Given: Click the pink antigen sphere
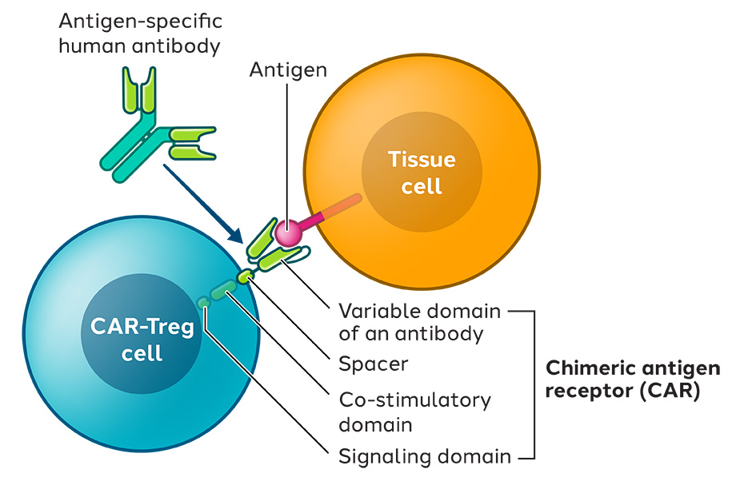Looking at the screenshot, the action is point(288,233).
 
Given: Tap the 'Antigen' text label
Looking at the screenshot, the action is point(288,70).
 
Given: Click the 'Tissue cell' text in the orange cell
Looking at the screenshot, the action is point(422,172).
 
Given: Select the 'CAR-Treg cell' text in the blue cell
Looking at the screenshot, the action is point(142,340).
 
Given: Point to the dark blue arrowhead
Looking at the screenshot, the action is point(235,234).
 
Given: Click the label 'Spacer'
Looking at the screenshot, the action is point(374,364).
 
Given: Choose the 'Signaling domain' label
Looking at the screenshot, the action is point(425,457).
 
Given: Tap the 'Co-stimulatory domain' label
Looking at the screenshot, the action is point(415,412).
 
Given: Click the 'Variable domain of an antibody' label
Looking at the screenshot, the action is point(419,322).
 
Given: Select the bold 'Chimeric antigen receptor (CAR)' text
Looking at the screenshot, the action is point(633,380).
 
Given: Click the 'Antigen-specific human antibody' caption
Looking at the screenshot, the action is point(141,34).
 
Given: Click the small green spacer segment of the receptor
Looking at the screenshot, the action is point(246,276).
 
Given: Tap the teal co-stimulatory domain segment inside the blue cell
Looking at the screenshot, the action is point(223,290).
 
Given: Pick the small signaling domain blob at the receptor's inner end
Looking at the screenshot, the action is point(203,302).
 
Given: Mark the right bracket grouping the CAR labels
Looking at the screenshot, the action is point(534,384).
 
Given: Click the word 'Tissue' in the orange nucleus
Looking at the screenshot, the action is point(422,159).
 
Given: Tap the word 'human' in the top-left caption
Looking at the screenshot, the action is point(93,46).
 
